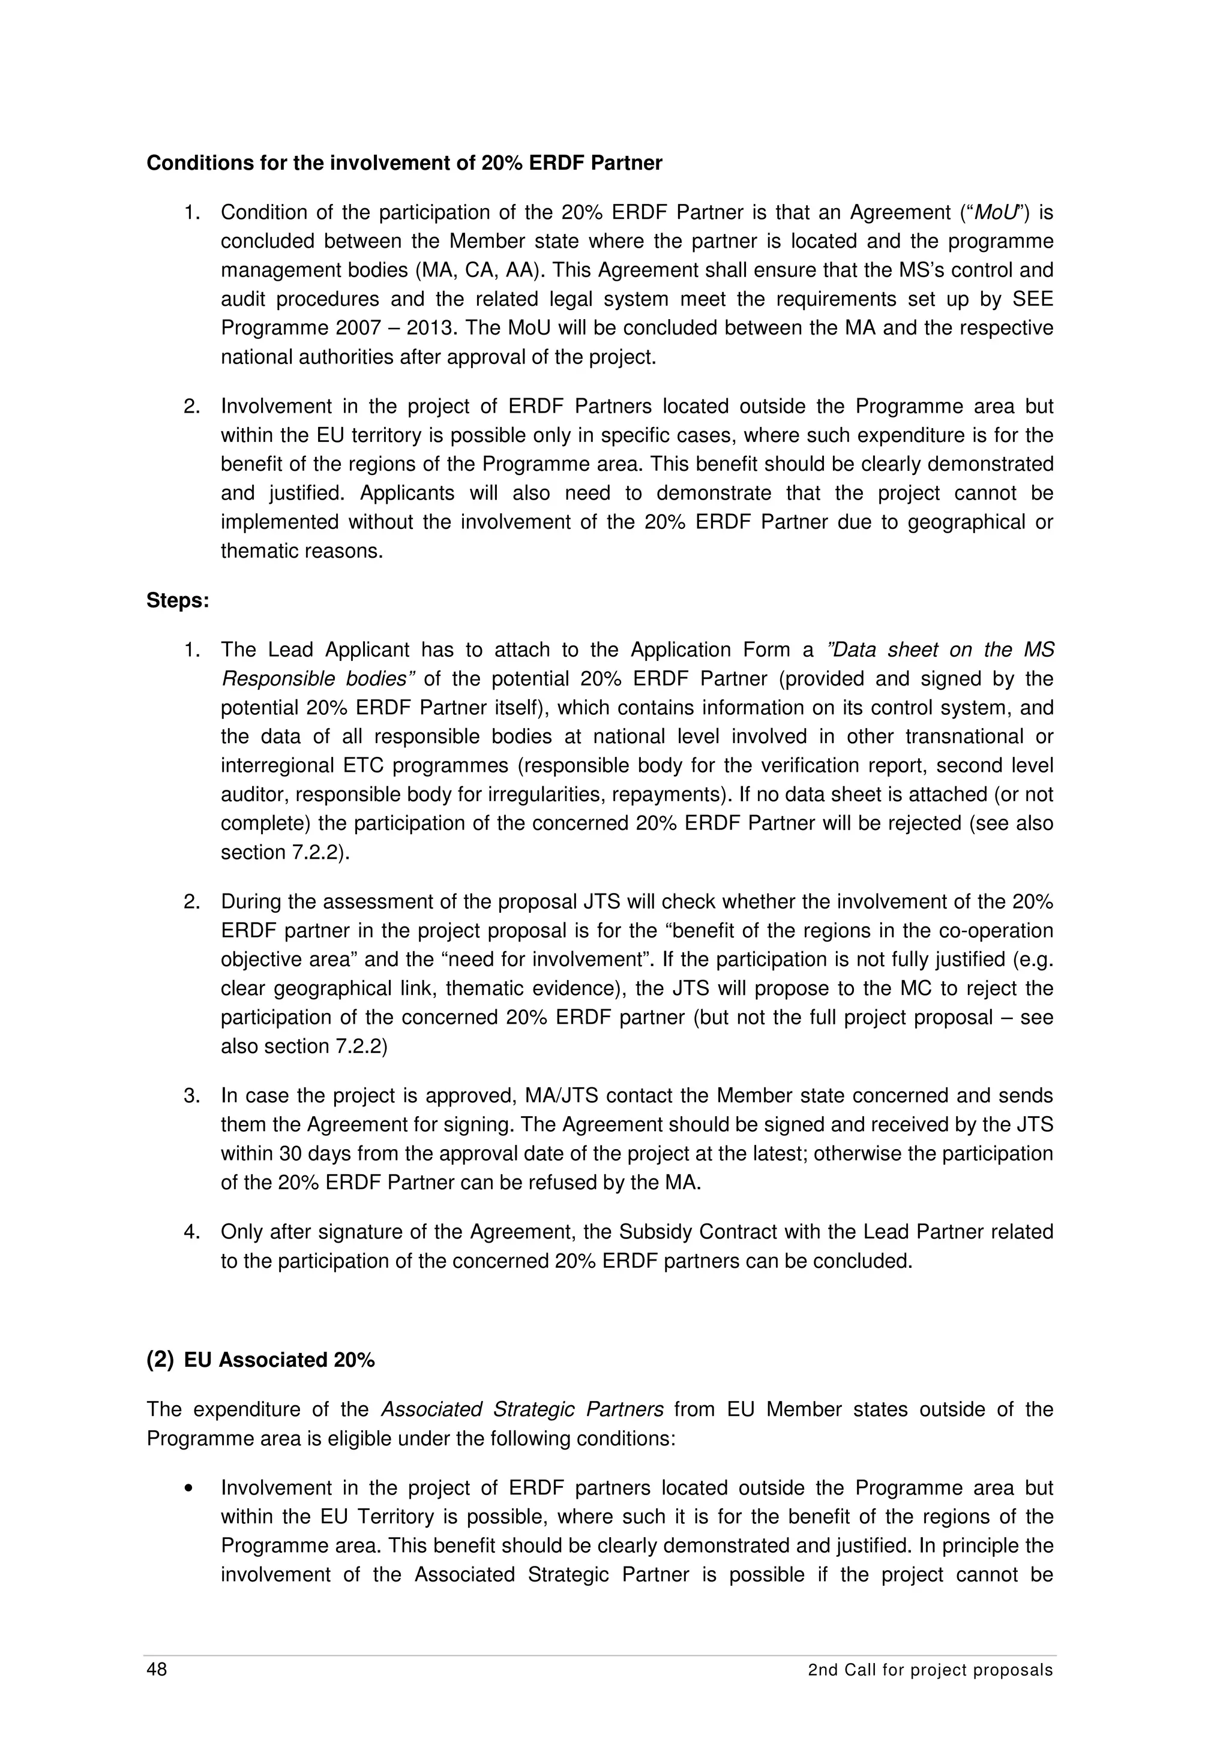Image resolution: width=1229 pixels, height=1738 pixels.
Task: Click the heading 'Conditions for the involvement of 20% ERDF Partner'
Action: coord(404,164)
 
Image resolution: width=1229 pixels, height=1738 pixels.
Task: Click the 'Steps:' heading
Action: coord(177,601)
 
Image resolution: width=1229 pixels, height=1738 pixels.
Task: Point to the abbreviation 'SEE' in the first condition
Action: coord(1032,299)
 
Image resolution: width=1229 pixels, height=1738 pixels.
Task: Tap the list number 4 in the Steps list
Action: coord(191,1232)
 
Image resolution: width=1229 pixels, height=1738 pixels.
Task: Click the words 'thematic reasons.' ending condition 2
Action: coord(301,551)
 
